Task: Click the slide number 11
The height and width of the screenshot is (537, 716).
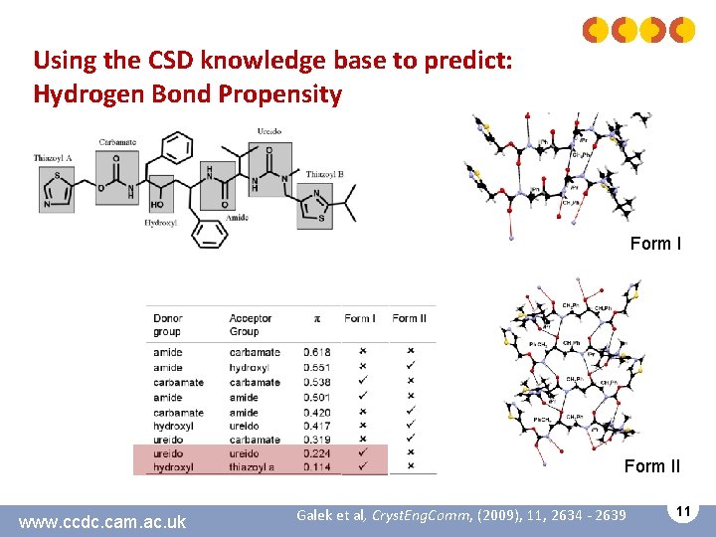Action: pos(681,510)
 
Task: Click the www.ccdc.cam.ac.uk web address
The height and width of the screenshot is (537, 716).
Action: pos(102,521)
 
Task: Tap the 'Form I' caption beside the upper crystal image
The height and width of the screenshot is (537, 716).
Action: pos(655,244)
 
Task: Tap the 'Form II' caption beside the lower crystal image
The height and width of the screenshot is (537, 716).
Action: pos(652,465)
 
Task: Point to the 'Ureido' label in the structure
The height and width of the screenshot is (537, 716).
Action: pos(268,131)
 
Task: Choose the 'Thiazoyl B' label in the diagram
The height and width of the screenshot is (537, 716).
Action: pos(325,175)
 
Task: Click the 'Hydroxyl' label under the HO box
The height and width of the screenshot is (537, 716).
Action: pos(160,224)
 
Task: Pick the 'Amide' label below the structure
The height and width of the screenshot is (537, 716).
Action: pos(237,216)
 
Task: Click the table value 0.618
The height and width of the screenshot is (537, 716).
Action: pos(316,352)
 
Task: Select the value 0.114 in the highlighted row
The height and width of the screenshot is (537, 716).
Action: pos(316,466)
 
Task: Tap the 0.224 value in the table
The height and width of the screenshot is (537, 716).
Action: pos(316,452)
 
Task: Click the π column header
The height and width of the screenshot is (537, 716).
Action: pos(317,318)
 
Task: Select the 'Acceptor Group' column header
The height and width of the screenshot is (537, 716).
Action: pos(250,324)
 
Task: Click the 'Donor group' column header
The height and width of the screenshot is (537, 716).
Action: pos(168,324)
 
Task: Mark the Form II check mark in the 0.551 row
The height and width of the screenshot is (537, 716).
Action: pos(410,367)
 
